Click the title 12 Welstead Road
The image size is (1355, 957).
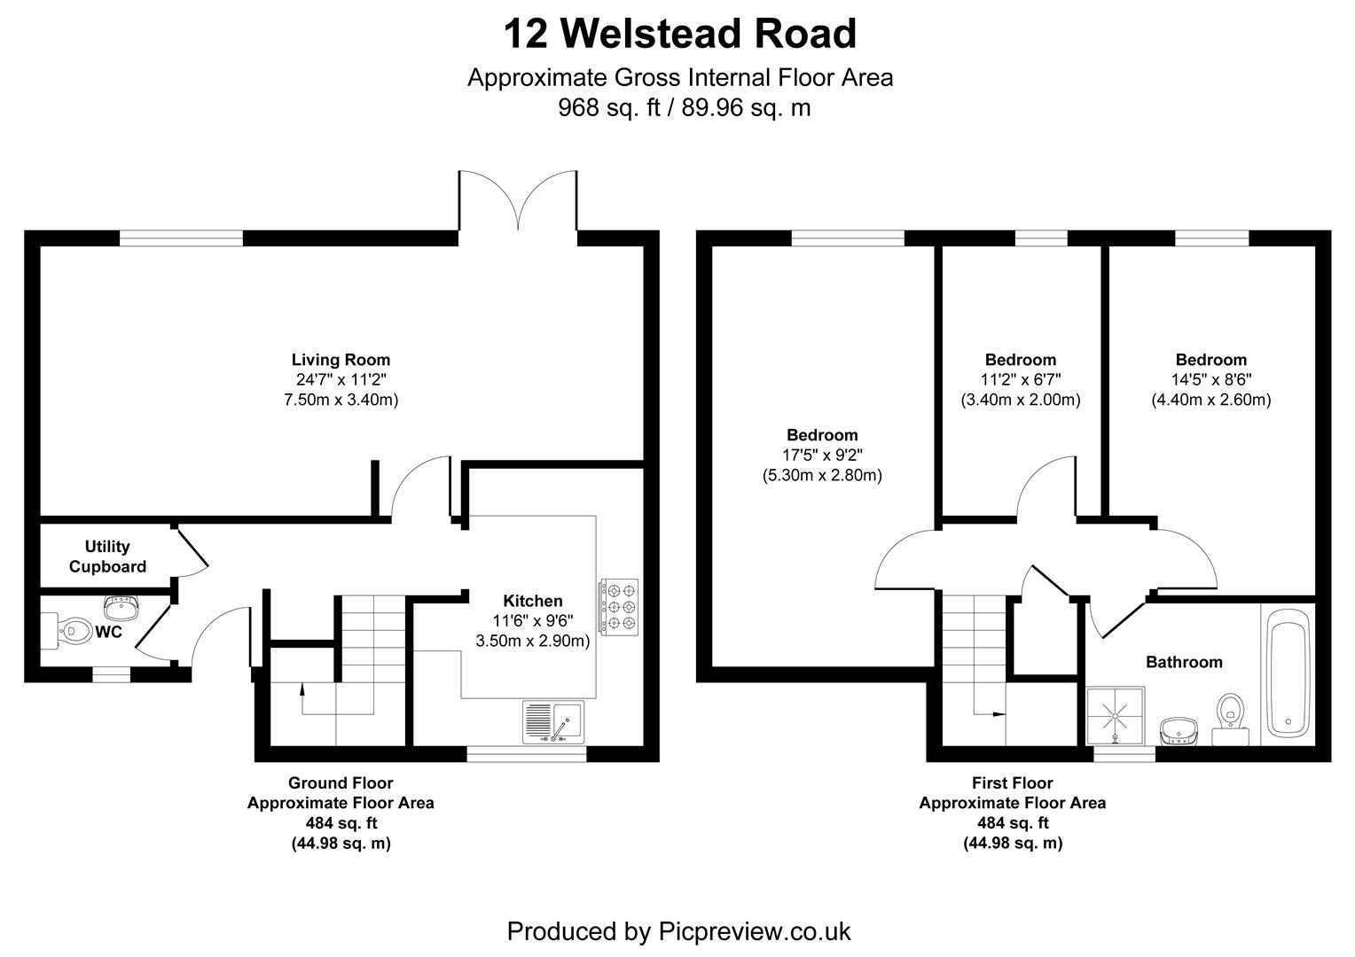click(680, 34)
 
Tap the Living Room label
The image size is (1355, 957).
click(341, 360)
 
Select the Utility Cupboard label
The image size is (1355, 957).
click(107, 556)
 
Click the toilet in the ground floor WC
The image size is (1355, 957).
click(66, 631)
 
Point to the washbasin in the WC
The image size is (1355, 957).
click(121, 608)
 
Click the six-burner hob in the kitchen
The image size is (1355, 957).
click(619, 607)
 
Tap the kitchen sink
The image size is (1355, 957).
click(553, 722)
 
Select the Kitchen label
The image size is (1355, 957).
click(533, 601)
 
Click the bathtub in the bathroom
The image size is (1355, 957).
click(1288, 673)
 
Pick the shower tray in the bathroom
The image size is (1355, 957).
click(1116, 716)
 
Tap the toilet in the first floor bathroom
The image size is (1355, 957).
click(1230, 720)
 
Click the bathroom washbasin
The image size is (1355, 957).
click(1179, 731)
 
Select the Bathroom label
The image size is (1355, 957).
click(1184, 662)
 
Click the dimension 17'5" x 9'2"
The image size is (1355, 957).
click(822, 455)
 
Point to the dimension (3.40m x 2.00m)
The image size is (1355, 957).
click(1021, 400)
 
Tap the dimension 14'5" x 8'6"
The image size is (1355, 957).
click(1211, 379)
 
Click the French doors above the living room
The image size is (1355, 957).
click(518, 201)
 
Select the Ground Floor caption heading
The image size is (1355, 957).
click(341, 783)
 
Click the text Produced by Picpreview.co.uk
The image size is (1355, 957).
click(678, 931)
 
